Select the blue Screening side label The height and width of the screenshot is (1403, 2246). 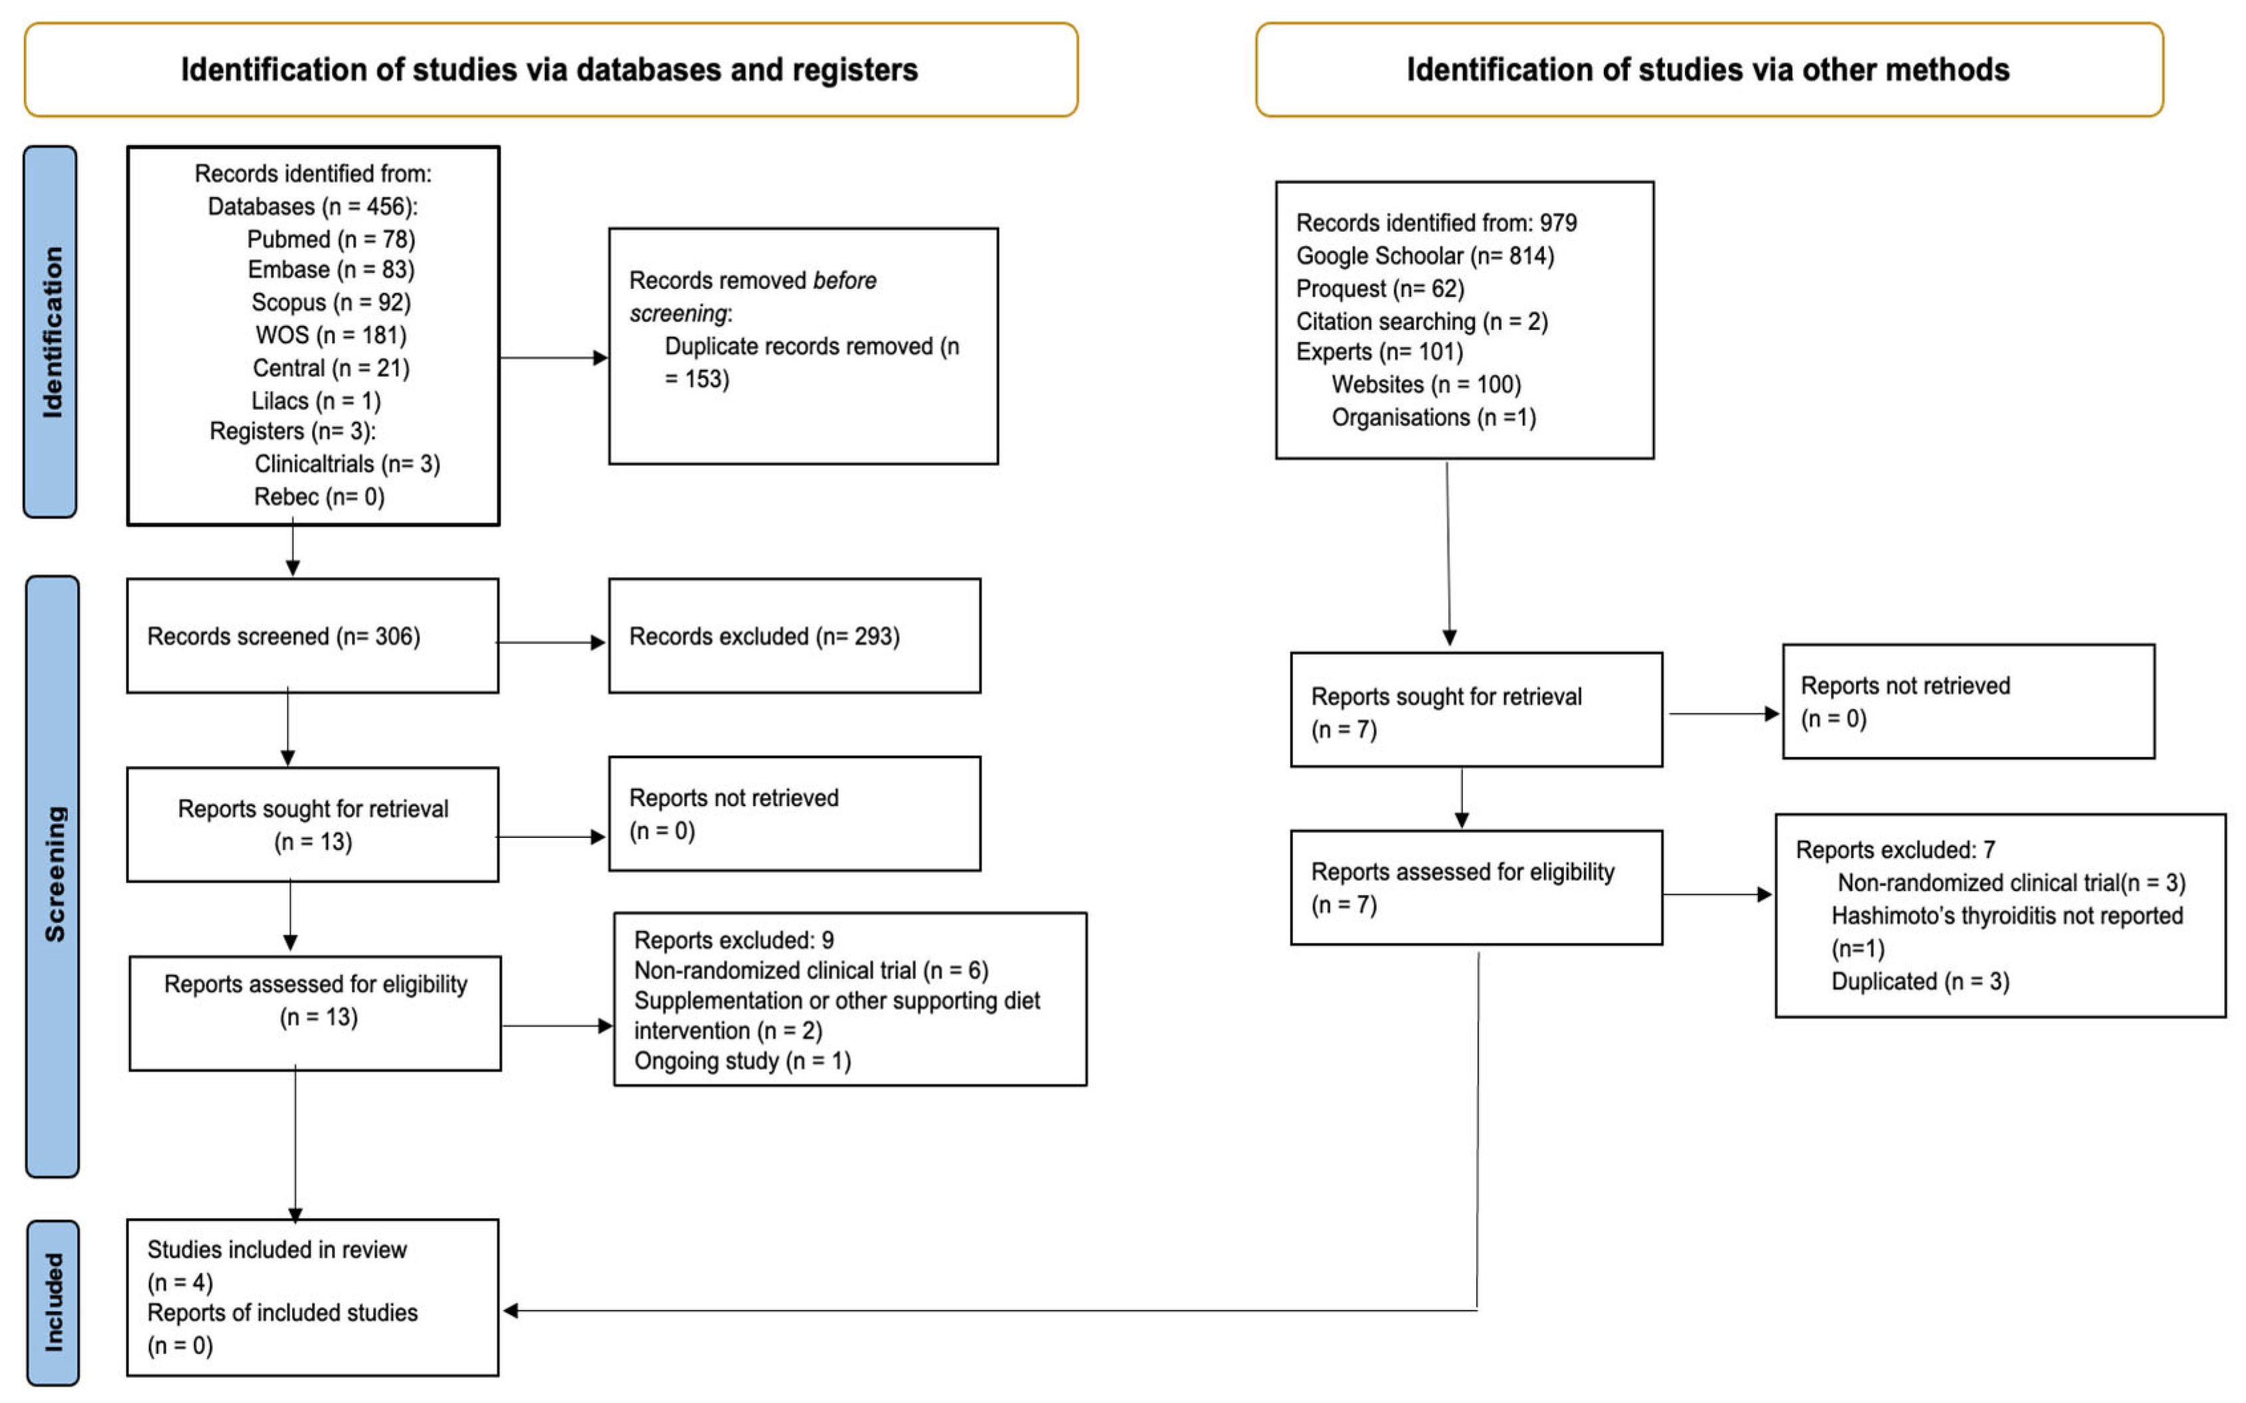[x=53, y=875]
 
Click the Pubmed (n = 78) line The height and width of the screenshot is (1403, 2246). [x=331, y=240]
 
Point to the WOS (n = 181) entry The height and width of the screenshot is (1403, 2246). [x=331, y=335]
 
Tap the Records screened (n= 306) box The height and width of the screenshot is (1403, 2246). [x=312, y=637]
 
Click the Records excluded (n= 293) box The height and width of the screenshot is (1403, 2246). [x=794, y=637]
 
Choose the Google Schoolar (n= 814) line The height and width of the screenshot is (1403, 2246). [x=1425, y=256]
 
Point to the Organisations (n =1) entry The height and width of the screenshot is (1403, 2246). [x=1433, y=418]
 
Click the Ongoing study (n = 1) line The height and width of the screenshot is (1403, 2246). [x=742, y=1060]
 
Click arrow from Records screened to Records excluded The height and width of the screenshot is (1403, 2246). [x=551, y=642]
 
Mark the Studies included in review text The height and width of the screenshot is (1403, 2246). [x=276, y=1250]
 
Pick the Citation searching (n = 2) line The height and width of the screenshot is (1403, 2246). [x=1421, y=322]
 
